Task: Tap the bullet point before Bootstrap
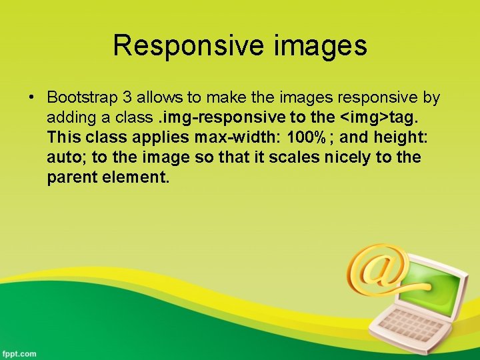click(x=31, y=98)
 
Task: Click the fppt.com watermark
click(x=19, y=353)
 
